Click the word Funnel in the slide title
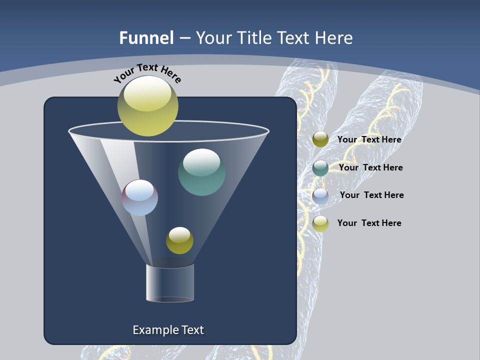pos(146,38)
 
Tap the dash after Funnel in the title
pos(184,38)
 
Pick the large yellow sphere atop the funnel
pos(147,106)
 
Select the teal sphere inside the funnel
pos(201,172)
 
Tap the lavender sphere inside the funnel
pos(140,197)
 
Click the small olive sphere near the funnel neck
pos(179,240)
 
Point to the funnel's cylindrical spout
pos(170,283)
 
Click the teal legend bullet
pos(320,168)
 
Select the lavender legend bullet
pos(320,195)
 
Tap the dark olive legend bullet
pos(320,139)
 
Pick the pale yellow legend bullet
pos(320,223)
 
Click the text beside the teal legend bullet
pos(370,167)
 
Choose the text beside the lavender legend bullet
pos(371,195)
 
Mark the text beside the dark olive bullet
pos(369,139)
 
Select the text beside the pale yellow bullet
pos(369,223)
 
